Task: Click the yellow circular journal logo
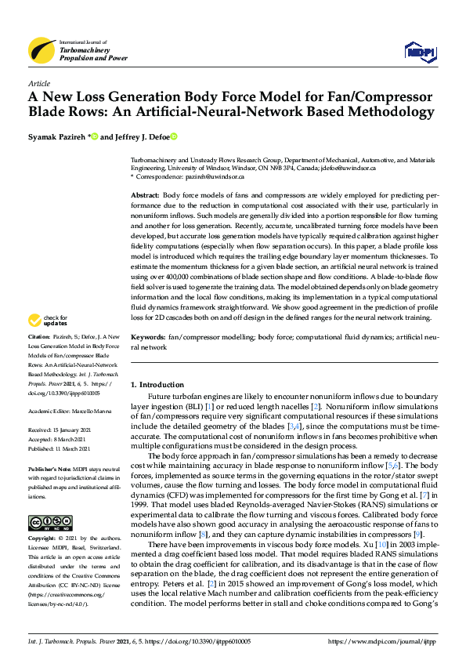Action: coord(42,50)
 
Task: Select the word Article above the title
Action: coord(39,84)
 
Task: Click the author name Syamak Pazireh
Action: coord(57,136)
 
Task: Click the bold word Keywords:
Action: coord(148,358)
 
